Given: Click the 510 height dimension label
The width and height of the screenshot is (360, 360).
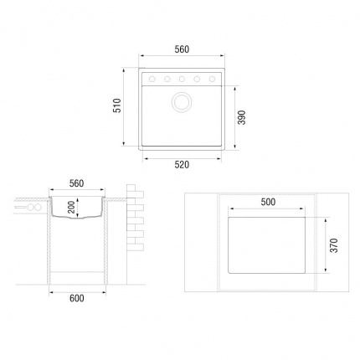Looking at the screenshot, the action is [x=117, y=105].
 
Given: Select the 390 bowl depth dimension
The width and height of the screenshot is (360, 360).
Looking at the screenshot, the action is [x=242, y=117].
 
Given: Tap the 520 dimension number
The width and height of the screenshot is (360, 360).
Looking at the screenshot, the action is [x=182, y=165].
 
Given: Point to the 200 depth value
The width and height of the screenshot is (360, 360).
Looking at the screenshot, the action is [x=71, y=207].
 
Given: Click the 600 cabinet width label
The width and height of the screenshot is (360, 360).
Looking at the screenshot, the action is [x=77, y=298].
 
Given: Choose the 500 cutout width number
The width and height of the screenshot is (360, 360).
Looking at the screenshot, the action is [x=268, y=202].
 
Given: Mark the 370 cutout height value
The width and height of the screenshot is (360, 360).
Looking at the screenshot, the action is [x=334, y=245].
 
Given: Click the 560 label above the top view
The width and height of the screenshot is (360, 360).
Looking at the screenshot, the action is [x=182, y=49].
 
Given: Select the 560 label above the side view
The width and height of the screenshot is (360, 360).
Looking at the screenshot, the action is [x=76, y=183].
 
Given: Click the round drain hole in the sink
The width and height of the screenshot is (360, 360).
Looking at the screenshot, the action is [x=182, y=101].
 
